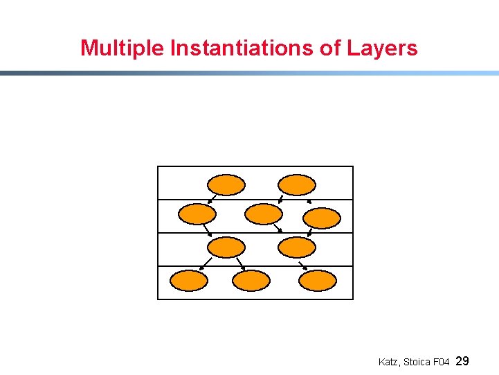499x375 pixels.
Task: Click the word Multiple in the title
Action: tap(123, 49)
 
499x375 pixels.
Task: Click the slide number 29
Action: tap(464, 361)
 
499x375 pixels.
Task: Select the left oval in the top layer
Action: tap(226, 184)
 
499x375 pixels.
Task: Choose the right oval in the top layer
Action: tap(296, 184)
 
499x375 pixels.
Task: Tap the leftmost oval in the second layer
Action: tap(197, 214)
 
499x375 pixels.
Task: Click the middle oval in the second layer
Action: tap(264, 214)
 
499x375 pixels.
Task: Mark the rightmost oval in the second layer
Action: tap(323, 218)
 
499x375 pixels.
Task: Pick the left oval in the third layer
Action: tap(226, 247)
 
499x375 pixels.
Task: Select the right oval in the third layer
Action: tap(296, 247)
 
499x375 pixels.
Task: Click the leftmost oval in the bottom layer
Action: tap(189, 281)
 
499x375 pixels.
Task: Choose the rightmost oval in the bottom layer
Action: tap(318, 281)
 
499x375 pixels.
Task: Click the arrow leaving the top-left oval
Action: tap(210, 200)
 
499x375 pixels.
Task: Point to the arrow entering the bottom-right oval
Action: tap(303, 265)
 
